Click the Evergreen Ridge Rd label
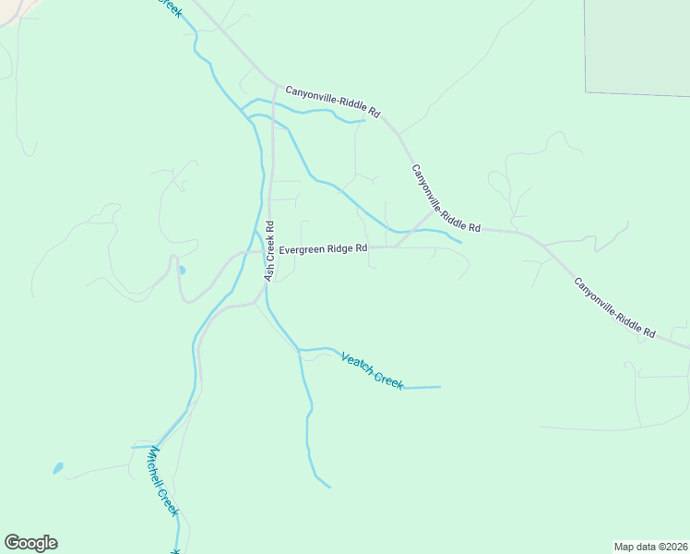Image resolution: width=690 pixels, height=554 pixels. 323,248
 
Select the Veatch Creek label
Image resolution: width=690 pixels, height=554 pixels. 372,370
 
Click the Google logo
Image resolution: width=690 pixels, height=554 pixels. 30,543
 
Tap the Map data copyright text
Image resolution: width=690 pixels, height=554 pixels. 650,546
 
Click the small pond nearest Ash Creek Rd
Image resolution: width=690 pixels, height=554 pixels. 181,271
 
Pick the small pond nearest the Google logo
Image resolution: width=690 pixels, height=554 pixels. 58,468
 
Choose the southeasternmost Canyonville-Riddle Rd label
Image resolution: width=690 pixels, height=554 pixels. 614,307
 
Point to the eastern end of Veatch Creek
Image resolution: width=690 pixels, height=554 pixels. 439,387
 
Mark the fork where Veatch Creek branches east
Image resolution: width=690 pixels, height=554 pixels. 299,350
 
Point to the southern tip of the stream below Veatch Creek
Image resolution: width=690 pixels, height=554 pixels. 328,487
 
